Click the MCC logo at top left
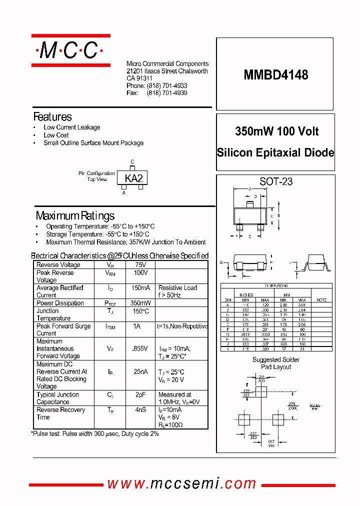70,50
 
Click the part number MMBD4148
275,75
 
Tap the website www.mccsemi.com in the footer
182,483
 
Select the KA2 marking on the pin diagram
133,178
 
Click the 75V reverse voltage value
140,265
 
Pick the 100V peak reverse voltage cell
140,273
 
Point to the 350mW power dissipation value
140,303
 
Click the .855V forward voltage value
140,348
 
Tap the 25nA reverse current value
140,371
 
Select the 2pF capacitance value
140,394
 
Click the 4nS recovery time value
140,410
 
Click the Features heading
52,117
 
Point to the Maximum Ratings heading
75,216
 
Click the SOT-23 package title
276,182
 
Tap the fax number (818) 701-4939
166,93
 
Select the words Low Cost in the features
56,135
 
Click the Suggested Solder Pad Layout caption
275,363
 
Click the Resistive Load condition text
177,288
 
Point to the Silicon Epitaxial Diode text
275,153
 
